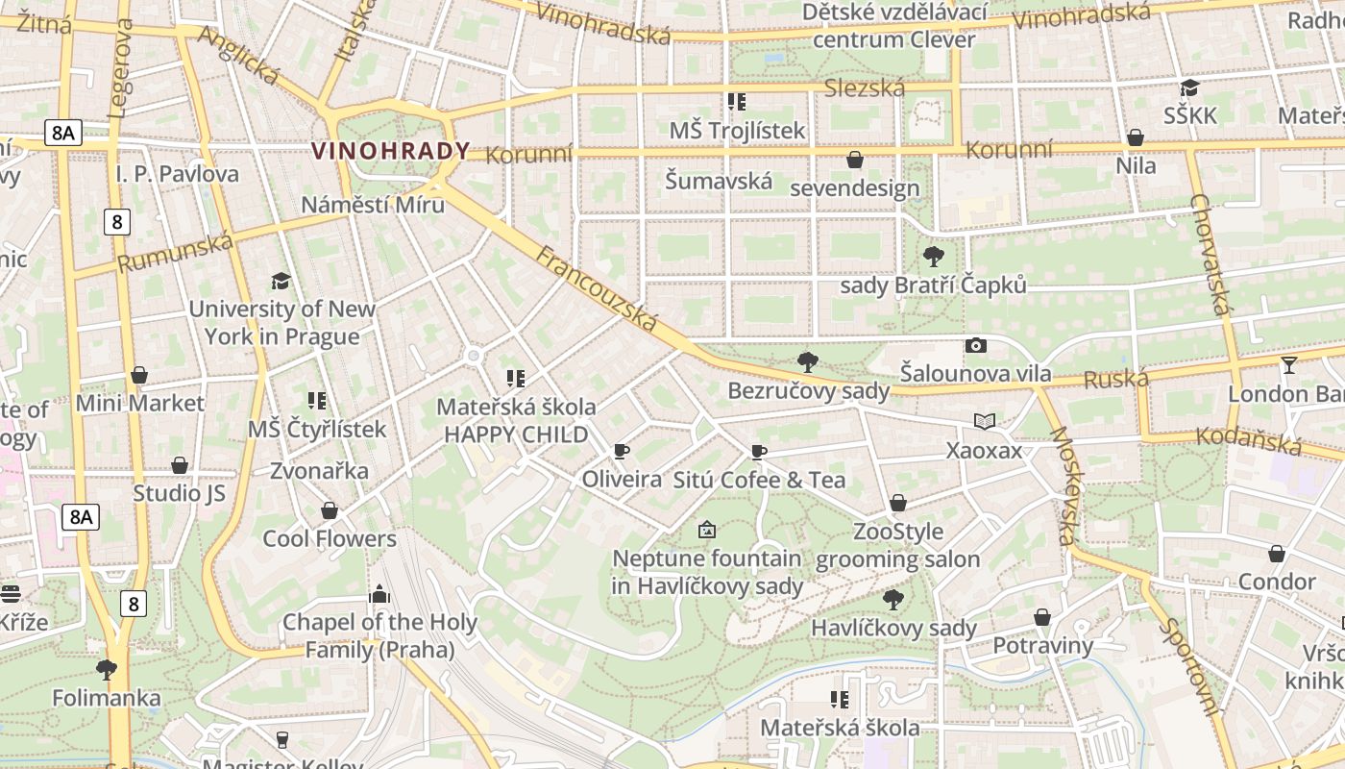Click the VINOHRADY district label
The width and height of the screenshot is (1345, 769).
391,151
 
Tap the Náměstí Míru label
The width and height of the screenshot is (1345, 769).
373,205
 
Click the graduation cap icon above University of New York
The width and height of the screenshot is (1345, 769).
281,281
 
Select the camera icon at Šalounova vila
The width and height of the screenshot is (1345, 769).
975,346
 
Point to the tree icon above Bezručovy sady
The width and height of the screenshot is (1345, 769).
808,361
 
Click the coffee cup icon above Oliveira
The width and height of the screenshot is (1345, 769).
622,451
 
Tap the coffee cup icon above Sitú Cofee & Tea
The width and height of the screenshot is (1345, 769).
759,452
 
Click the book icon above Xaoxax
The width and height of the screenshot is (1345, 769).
984,421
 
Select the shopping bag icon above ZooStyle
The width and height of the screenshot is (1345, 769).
897,503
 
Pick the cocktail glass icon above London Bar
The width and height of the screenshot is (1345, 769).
1288,365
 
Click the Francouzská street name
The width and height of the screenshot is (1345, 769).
597,289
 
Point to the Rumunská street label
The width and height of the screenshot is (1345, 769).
175,252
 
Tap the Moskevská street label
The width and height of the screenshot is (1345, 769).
1064,484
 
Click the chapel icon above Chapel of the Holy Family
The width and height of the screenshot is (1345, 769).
379,593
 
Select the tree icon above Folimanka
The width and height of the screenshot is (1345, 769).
107,668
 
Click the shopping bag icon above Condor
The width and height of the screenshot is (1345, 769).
1276,554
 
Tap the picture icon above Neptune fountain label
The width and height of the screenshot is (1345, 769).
707,529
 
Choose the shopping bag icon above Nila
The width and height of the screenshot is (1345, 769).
1135,137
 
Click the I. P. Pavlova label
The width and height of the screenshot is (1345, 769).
177,174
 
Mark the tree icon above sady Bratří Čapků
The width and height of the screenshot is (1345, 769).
933,256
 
